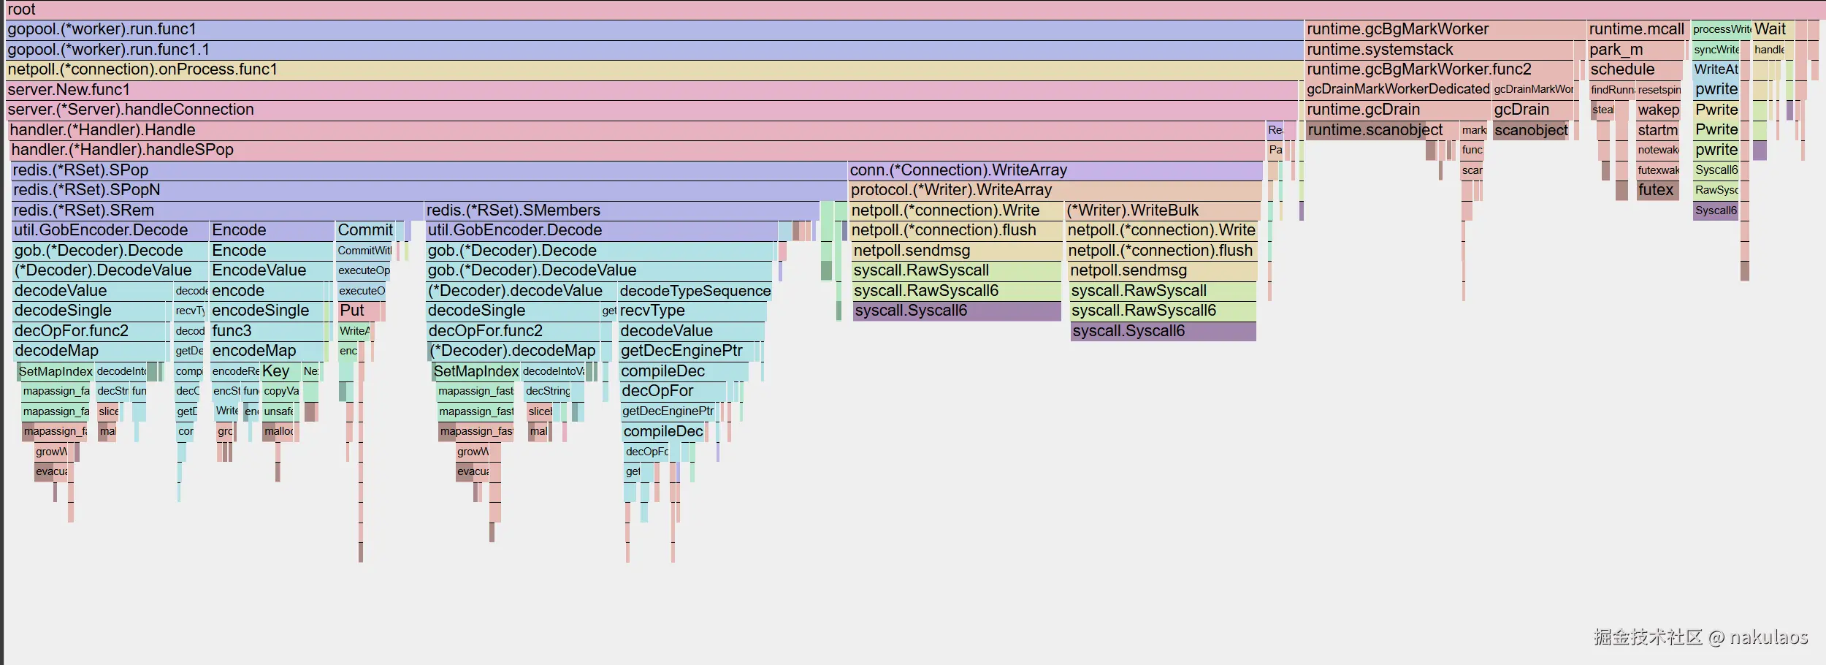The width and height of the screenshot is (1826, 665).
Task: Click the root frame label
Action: click(22, 9)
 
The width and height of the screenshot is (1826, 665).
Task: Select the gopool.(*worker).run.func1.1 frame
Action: click(108, 50)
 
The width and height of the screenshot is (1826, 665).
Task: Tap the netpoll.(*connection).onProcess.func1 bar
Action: click(142, 69)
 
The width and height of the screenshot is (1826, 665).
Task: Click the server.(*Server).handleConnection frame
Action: click(131, 110)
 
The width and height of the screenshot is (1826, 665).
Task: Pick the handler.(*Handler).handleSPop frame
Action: click(123, 150)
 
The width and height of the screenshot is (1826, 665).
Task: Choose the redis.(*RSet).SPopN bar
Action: click(86, 190)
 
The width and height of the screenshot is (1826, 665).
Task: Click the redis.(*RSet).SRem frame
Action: click(83, 210)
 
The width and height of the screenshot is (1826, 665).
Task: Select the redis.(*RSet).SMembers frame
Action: click(513, 210)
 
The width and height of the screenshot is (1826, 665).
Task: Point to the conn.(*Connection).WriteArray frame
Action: click(958, 170)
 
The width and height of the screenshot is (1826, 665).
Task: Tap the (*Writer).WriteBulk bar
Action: click(1132, 210)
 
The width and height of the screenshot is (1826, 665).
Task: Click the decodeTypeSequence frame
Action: click(695, 291)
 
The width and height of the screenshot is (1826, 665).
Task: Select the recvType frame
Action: click(652, 311)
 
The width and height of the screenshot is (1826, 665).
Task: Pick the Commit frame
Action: click(365, 230)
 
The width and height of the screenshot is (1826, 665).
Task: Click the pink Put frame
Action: click(352, 311)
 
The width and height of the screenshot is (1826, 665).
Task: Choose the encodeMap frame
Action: click(253, 351)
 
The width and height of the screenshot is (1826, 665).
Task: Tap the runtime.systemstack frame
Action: click(1379, 50)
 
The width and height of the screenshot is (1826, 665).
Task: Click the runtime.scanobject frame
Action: click(1375, 130)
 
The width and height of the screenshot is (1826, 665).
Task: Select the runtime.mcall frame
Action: click(1636, 29)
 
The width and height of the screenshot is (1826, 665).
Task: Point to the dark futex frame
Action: click(1655, 190)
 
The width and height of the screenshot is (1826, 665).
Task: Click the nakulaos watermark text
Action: click(1768, 637)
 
